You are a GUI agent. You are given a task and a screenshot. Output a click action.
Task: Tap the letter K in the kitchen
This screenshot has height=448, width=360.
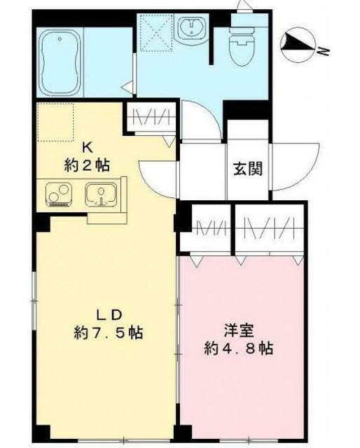[x=89, y=148]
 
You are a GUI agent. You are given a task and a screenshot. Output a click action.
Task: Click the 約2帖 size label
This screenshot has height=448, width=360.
[x=87, y=166]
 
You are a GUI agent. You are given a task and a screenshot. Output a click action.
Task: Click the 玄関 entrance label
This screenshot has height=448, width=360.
[x=248, y=169]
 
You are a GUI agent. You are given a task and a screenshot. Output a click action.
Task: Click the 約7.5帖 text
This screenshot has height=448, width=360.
[x=109, y=332]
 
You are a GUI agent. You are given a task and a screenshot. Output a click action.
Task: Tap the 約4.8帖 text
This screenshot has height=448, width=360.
[x=239, y=347]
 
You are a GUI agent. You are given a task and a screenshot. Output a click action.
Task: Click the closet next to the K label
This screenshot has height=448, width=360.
[x=149, y=118]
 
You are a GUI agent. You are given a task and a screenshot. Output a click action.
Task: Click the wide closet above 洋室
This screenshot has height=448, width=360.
[x=270, y=229]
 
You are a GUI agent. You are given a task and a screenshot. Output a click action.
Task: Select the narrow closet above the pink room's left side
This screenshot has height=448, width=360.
[x=207, y=229]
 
